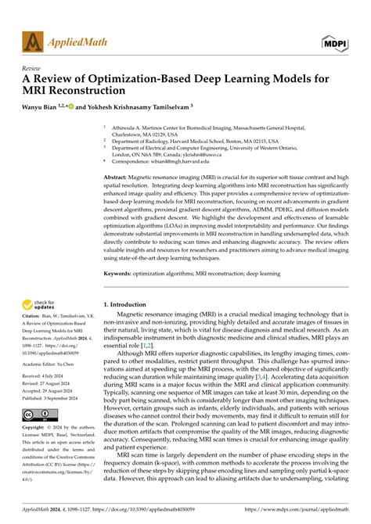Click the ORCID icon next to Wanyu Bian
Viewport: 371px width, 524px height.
(x=71, y=105)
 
